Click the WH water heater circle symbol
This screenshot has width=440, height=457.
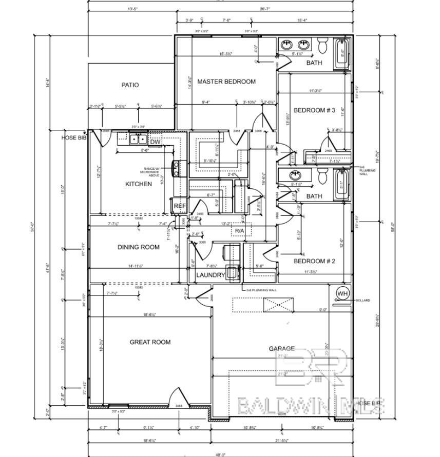click(x=342, y=293)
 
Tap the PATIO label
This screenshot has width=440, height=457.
click(x=130, y=85)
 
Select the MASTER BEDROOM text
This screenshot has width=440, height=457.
click(x=226, y=82)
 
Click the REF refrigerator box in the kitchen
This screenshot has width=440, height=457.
click(x=179, y=206)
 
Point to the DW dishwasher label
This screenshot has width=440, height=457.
click(x=155, y=142)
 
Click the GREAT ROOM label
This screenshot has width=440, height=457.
click(x=150, y=342)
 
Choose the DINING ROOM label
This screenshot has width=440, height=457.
click(x=138, y=247)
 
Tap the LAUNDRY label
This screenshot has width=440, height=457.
click(x=211, y=275)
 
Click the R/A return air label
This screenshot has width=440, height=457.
click(x=240, y=231)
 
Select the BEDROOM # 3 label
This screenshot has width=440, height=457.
click(x=314, y=110)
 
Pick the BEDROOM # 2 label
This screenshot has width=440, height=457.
click(x=314, y=261)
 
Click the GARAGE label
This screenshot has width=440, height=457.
click(x=282, y=348)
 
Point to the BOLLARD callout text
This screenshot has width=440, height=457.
click(x=362, y=301)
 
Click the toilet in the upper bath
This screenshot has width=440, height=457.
click(x=323, y=46)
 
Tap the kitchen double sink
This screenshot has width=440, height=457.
click(x=138, y=139)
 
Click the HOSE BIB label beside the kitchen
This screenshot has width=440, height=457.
click(x=72, y=138)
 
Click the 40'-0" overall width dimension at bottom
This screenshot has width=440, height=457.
click(x=220, y=454)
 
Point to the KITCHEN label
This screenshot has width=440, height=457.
click(x=138, y=184)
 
